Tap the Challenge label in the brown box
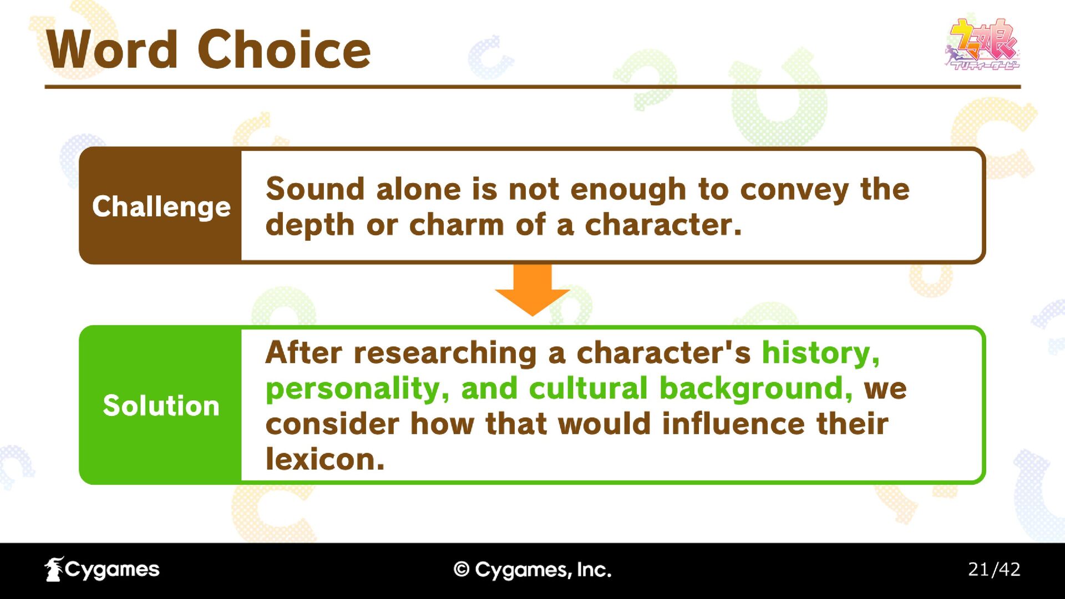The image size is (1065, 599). pos(161,207)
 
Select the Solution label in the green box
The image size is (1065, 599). pos(161,405)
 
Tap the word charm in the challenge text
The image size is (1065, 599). pos(457,225)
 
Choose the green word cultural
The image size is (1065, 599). pos(588,388)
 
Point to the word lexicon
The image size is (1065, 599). pos(325,459)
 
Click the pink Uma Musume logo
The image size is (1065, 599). pos(982,44)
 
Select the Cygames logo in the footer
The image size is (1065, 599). pos(102,570)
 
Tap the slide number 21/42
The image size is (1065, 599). pos(994,570)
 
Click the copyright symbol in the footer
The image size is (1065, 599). pos(461,570)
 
